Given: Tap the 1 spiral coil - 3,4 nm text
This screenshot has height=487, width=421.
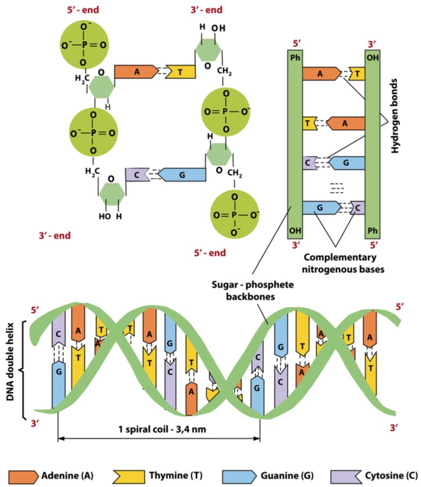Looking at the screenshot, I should [159, 430].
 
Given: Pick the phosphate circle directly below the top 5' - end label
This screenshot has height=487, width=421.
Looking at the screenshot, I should [85, 44].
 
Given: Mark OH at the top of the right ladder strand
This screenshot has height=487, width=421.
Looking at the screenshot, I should [372, 58].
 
